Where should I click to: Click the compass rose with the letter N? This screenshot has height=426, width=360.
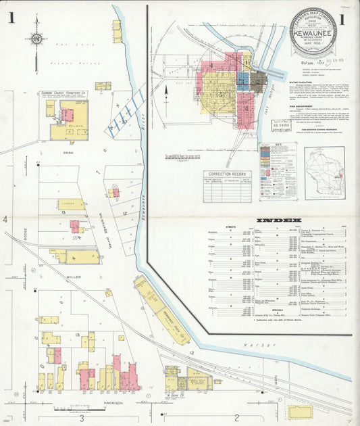click(36, 41)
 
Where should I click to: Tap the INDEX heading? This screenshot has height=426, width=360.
click(279, 221)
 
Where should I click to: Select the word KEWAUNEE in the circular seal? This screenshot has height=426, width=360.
click(313, 29)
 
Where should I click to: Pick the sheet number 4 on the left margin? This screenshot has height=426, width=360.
click(5, 220)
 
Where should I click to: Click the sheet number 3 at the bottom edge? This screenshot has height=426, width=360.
click(82, 417)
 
